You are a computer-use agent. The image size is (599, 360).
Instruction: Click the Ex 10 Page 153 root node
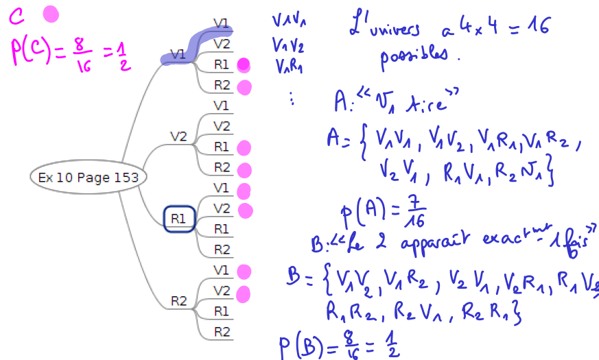point(88,178)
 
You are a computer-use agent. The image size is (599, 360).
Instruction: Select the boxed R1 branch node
point(179,219)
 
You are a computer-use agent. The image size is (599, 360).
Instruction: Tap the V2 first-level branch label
point(178,136)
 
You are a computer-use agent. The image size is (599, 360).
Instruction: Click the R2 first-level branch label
point(179,301)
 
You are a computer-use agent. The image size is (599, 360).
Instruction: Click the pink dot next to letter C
point(51,14)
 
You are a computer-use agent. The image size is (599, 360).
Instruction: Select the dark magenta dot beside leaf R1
point(242,65)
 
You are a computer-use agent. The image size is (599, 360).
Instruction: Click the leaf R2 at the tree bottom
point(222,332)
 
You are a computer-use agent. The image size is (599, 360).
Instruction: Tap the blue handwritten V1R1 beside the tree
point(289,67)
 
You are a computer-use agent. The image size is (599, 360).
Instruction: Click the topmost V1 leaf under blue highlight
point(221,23)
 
